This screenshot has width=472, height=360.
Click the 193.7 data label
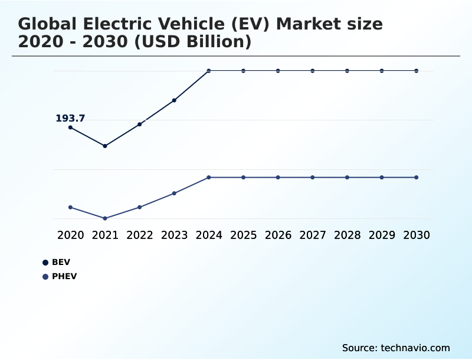click(70, 119)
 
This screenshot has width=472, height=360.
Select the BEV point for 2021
click(105, 146)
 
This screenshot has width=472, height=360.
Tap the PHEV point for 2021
click(105, 218)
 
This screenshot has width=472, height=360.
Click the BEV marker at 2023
click(174, 100)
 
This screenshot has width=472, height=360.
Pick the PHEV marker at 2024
click(209, 177)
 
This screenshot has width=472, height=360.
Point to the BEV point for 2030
click(417, 71)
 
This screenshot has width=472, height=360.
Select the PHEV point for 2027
click(313, 177)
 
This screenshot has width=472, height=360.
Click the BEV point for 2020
click(70, 127)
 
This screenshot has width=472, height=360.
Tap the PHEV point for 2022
click(140, 207)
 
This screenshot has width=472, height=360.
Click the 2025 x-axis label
click(243, 235)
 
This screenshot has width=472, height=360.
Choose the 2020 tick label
click(70, 235)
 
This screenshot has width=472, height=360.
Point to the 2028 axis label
click(347, 235)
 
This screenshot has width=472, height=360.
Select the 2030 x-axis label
click(417, 235)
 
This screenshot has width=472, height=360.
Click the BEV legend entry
click(61, 262)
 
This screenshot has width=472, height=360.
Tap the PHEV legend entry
click(64, 276)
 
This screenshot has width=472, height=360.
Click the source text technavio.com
click(415, 348)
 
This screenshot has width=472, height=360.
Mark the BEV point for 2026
click(278, 71)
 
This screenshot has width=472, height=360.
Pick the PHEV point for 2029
click(382, 177)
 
